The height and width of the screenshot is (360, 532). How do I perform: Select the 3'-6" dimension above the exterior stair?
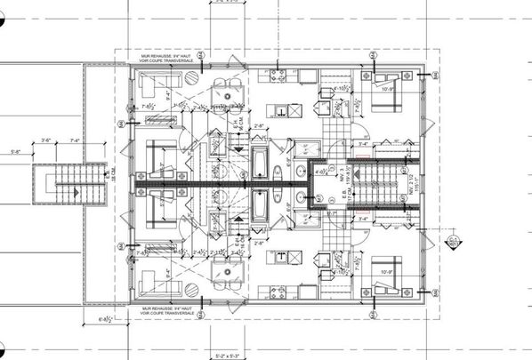point(46,140)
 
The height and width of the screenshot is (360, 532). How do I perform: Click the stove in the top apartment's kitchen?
point(277,74)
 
